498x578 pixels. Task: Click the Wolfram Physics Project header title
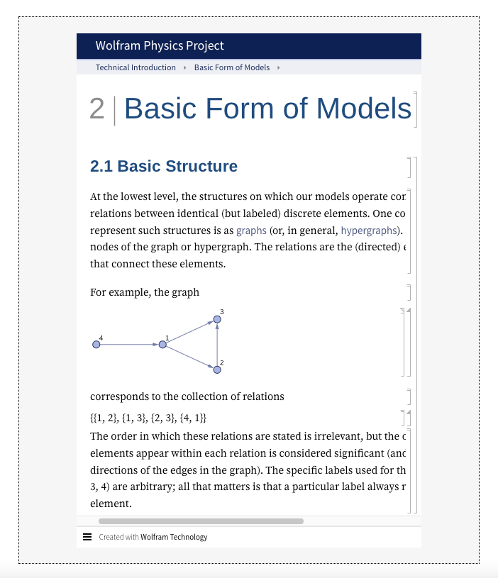160,46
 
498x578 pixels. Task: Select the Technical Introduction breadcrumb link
135,67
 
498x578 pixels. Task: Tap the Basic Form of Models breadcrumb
232,67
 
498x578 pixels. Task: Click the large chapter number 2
97,109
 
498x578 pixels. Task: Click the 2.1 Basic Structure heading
164,167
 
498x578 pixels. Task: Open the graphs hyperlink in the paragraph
251,230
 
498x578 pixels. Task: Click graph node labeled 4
96,345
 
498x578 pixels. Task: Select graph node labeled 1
162,345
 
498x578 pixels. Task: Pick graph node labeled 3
217,320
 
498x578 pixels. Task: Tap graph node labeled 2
217,369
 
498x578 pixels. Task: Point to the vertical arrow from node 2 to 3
217,345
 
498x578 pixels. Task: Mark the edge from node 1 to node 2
189,357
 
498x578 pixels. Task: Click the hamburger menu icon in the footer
87,537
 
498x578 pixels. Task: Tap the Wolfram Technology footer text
174,537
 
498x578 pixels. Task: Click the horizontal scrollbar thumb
201,521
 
